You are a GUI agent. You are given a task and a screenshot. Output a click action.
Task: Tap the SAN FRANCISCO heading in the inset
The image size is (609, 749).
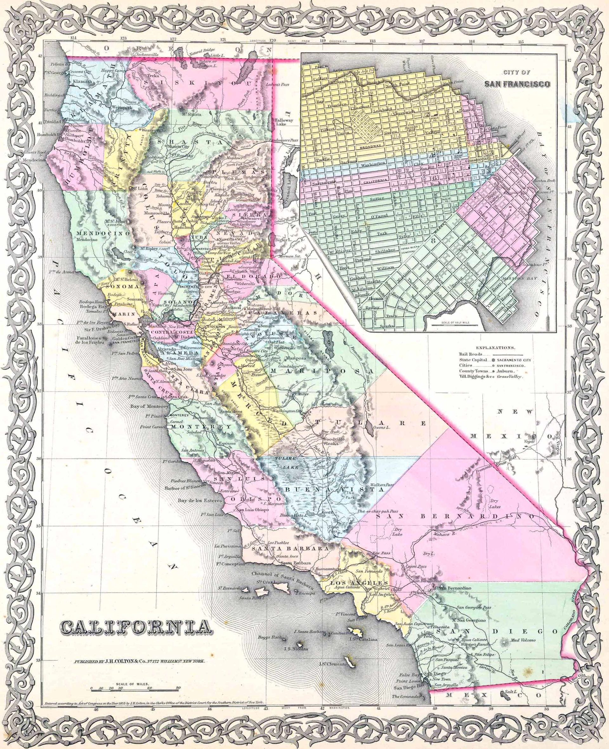coord(517,84)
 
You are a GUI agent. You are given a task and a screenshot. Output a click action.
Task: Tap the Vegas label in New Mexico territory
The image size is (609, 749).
coord(530,441)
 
